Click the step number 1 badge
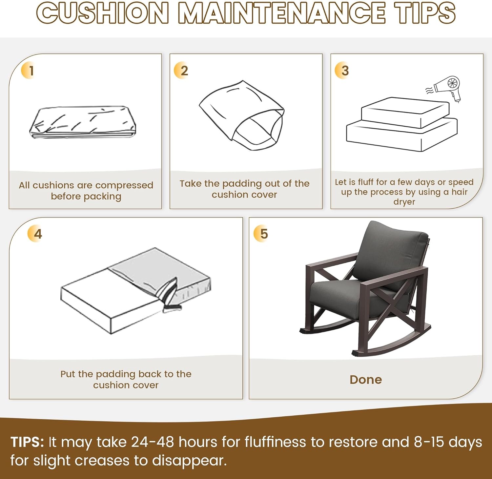(x=29, y=71)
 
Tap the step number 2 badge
(x=181, y=71)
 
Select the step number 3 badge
(x=342, y=71)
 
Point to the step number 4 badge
(x=35, y=234)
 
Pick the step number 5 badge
(x=262, y=234)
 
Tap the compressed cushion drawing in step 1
(x=83, y=122)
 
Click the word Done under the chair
(x=366, y=380)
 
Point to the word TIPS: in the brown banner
(x=27, y=442)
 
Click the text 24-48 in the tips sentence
(x=152, y=442)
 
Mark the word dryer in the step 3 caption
(x=404, y=202)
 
